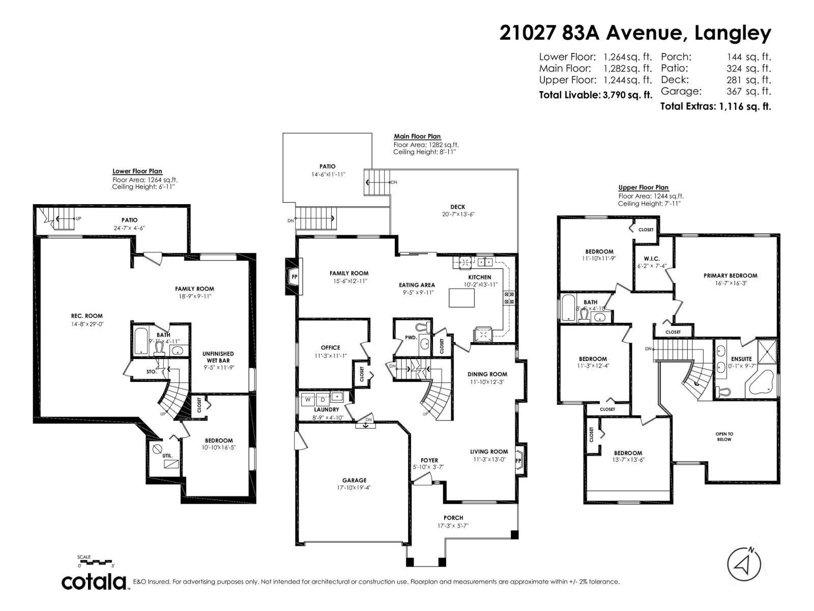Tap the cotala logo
click(95, 581)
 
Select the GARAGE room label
click(354, 480)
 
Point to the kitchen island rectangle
click(461, 297)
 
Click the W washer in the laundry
click(308, 399)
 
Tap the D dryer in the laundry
click(323, 399)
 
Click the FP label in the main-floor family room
click(294, 277)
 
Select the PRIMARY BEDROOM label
click(730, 275)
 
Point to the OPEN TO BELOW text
click(724, 437)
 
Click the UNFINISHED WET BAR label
click(218, 357)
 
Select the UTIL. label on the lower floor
click(167, 456)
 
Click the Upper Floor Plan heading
click(643, 187)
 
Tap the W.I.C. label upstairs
click(652, 259)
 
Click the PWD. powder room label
click(411, 337)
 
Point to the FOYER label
click(429, 460)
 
